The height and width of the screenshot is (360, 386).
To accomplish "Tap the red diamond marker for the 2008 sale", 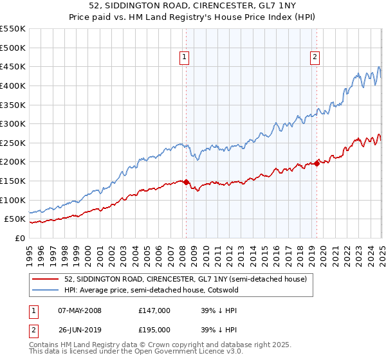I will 186,182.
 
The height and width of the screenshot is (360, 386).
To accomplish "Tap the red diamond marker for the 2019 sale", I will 317,163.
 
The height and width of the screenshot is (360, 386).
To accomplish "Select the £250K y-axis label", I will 13,143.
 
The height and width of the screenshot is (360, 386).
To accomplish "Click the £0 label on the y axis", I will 19,238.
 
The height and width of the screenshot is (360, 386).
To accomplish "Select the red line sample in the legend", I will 46,279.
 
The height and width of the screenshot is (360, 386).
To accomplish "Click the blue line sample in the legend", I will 46,289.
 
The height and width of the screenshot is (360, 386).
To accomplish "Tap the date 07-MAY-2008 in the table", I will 80,310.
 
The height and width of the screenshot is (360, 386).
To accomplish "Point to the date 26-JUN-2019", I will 80,331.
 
